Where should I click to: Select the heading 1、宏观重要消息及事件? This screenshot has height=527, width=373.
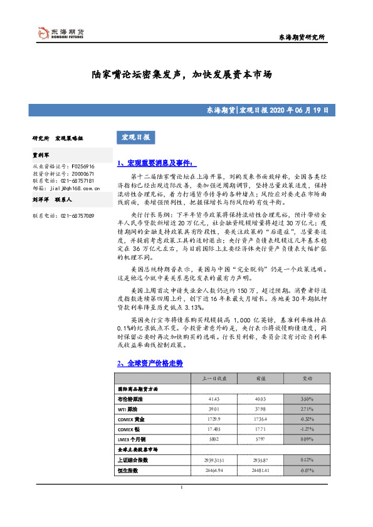150,163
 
